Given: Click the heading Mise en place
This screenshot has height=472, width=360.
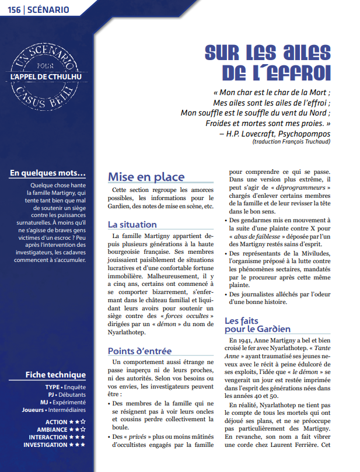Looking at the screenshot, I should [146, 177].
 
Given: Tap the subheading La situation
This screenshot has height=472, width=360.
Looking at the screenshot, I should [132, 224].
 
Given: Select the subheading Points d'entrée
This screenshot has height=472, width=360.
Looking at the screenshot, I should [139, 351].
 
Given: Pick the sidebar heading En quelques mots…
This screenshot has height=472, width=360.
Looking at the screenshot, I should [48, 173].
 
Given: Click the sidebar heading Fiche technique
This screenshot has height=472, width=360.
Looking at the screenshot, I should [55, 375].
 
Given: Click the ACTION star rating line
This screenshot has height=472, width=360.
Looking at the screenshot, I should [65, 422].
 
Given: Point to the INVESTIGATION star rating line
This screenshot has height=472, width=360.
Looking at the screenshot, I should [54, 445].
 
